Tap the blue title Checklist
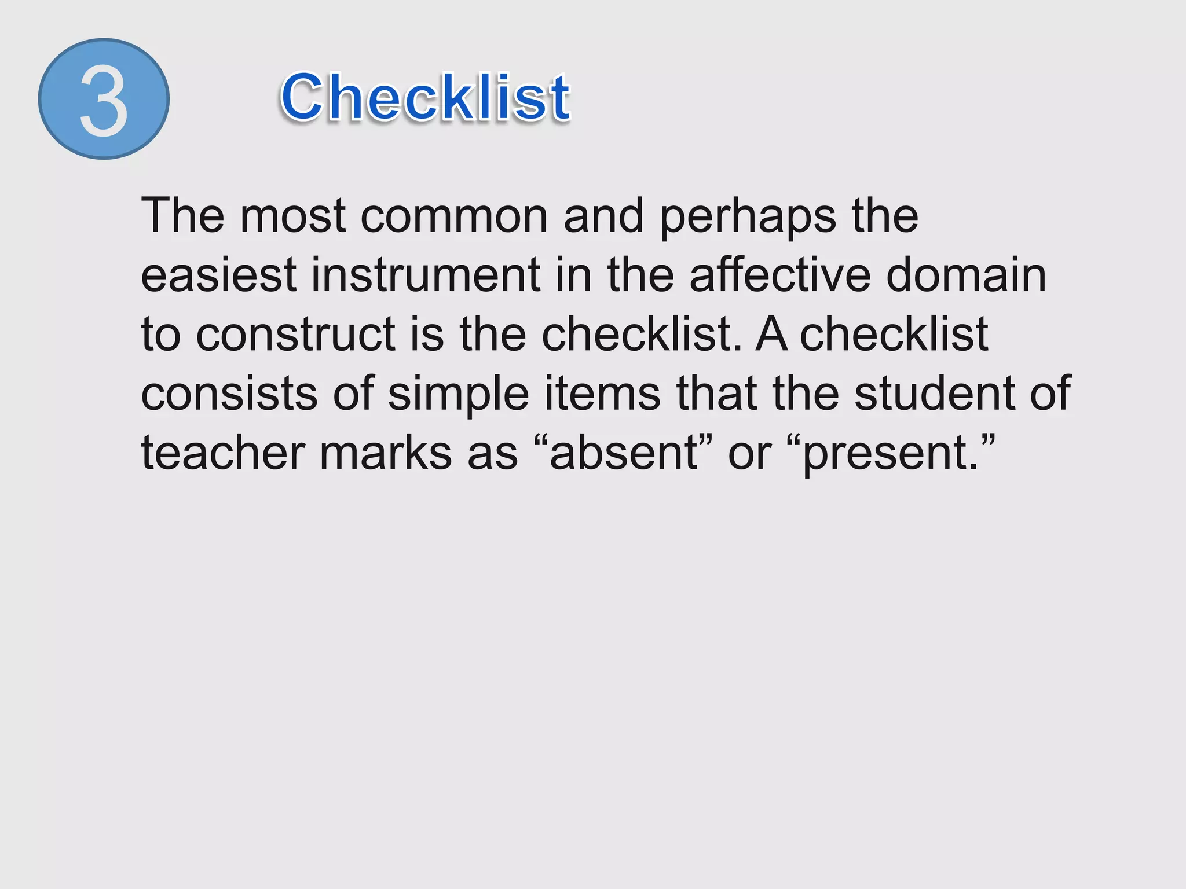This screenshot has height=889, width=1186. tap(426, 98)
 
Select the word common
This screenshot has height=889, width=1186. tap(454, 216)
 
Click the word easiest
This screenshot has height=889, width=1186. tap(219, 275)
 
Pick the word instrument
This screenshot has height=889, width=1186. tap(426, 275)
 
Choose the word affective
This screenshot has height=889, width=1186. tap(780, 275)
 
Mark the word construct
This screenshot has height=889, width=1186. tap(296, 335)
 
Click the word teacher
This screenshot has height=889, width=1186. tap(223, 453)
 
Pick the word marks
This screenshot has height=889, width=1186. tap(386, 453)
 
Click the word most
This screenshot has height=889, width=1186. tap(293, 216)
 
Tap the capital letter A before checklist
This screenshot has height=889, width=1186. tap(771, 335)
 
